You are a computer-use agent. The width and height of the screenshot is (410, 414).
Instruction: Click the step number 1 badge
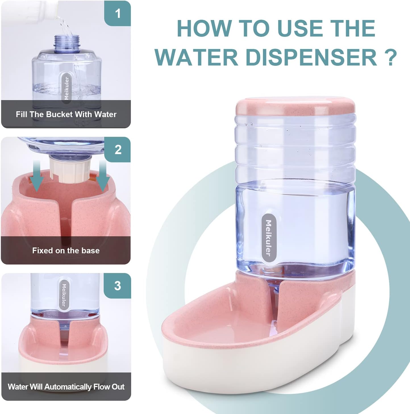118,13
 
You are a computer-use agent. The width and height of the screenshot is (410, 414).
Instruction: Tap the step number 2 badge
118,150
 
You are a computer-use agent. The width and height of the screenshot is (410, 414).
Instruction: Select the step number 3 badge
118,285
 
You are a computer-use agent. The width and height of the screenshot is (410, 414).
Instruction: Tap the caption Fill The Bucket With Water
66,114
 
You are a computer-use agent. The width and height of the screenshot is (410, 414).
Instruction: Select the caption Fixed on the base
66,251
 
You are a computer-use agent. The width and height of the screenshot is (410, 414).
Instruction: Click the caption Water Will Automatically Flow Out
66,387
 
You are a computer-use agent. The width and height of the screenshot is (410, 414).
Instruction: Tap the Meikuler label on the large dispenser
268,238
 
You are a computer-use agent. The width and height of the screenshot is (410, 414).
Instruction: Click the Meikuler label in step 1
66,88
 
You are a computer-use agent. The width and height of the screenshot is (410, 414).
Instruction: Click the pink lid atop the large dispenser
295,106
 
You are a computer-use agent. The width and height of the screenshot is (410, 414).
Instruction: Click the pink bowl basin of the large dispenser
227,323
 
